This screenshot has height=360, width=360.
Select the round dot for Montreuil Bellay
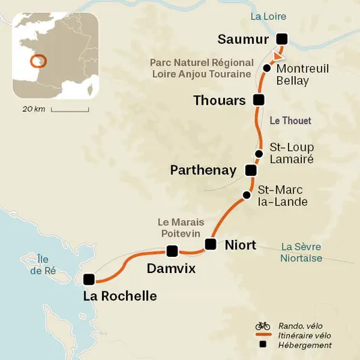click(267, 68)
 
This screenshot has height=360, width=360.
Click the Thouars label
click(218, 100)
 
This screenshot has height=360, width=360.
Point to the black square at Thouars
click(257, 100)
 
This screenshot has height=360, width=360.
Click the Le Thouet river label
click(290, 121)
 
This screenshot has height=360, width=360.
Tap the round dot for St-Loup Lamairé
click(259, 153)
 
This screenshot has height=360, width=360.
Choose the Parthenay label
click(204, 171)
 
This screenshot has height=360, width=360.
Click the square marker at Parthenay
click(251, 170)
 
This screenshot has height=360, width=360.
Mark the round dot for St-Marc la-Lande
click(246, 196)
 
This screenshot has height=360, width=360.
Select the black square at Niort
click(210, 244)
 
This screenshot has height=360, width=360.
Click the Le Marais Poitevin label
click(180, 227)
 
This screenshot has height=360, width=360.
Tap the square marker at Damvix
click(172, 251)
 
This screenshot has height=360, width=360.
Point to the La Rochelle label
click(119, 296)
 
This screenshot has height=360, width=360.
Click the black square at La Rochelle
click(88, 279)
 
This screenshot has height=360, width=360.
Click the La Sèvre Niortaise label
click(301, 252)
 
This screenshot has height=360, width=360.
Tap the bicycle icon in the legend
click(262, 326)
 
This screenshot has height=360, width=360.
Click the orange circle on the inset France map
click(39, 61)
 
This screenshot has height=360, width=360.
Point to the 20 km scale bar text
click(34, 109)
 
